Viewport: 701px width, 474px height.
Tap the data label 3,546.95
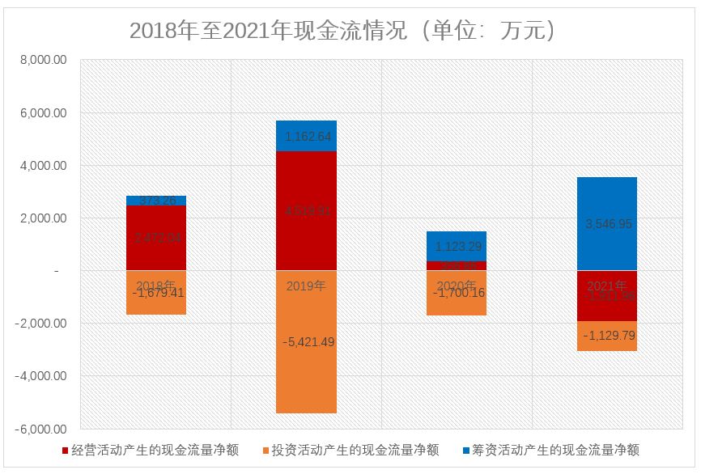tap(606, 224)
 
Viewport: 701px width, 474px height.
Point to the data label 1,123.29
tap(457, 247)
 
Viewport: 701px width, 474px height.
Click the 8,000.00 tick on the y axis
tap(44, 61)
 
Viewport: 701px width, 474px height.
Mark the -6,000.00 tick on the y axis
tap(41, 429)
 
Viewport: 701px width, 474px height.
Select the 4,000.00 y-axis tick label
tap(44, 166)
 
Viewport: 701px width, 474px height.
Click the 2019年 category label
tap(306, 286)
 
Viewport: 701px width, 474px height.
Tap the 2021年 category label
tap(606, 286)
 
